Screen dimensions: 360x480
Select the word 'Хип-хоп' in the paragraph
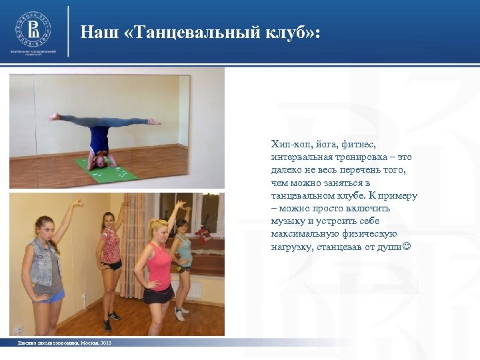point(287,144)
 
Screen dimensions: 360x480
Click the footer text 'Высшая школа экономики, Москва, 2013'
point(65,343)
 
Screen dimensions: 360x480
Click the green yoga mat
point(107,171)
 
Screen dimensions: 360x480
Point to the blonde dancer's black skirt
point(159,294)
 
